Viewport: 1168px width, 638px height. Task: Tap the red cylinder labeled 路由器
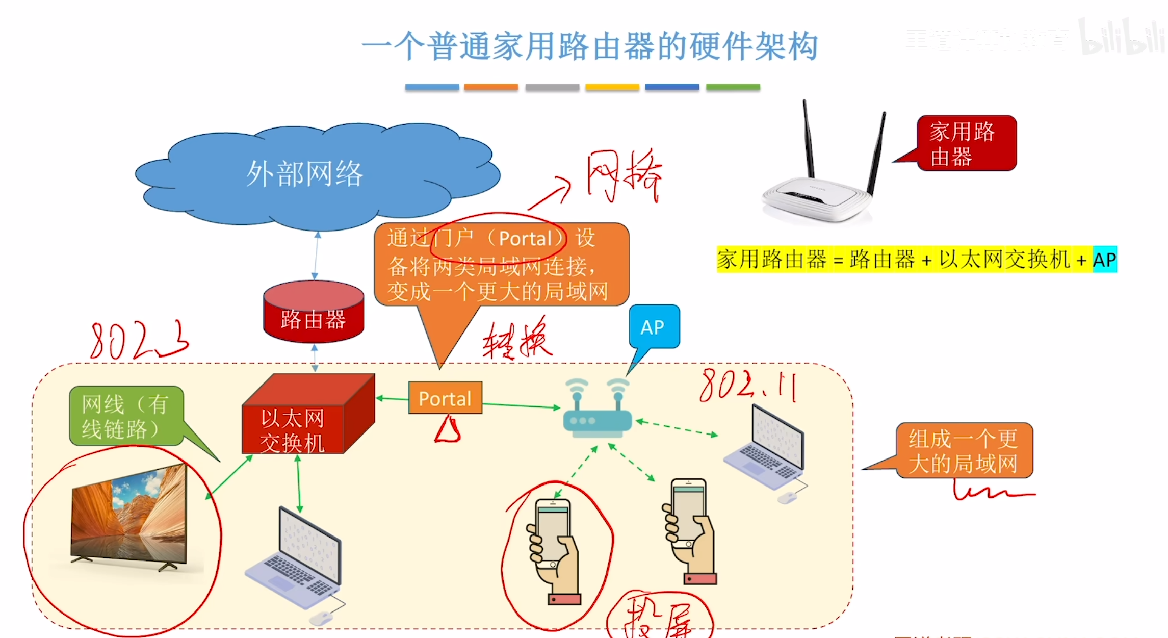pyautogui.click(x=314, y=312)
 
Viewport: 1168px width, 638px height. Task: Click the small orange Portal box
pyautogui.click(x=445, y=398)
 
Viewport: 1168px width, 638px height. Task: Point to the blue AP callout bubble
pyautogui.click(x=654, y=327)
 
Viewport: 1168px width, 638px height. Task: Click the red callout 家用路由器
pyautogui.click(x=966, y=143)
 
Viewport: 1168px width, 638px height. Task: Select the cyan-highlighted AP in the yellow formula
pyautogui.click(x=1105, y=260)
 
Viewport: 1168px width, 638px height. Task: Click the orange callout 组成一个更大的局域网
pyautogui.click(x=964, y=451)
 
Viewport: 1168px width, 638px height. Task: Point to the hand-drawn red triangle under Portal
pyautogui.click(x=448, y=430)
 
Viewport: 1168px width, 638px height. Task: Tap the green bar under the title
pyautogui.click(x=733, y=87)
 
